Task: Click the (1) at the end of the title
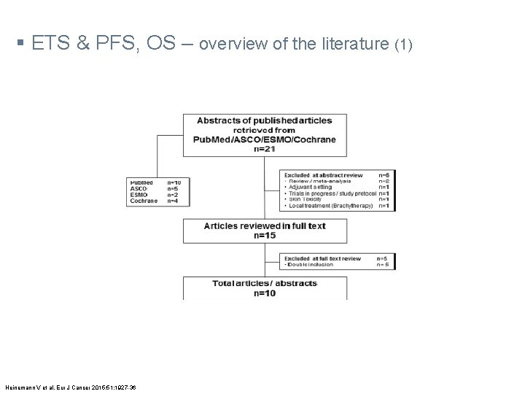[x=403, y=45]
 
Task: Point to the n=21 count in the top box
[x=264, y=149]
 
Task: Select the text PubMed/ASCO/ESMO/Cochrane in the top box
[x=265, y=139]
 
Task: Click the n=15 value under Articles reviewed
[x=264, y=236]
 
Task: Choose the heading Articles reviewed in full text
[x=265, y=226]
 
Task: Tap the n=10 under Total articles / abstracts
[x=264, y=293]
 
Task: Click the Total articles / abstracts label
[x=265, y=283]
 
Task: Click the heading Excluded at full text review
[x=323, y=258]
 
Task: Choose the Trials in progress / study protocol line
[x=330, y=193]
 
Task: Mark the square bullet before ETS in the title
[x=17, y=45]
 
